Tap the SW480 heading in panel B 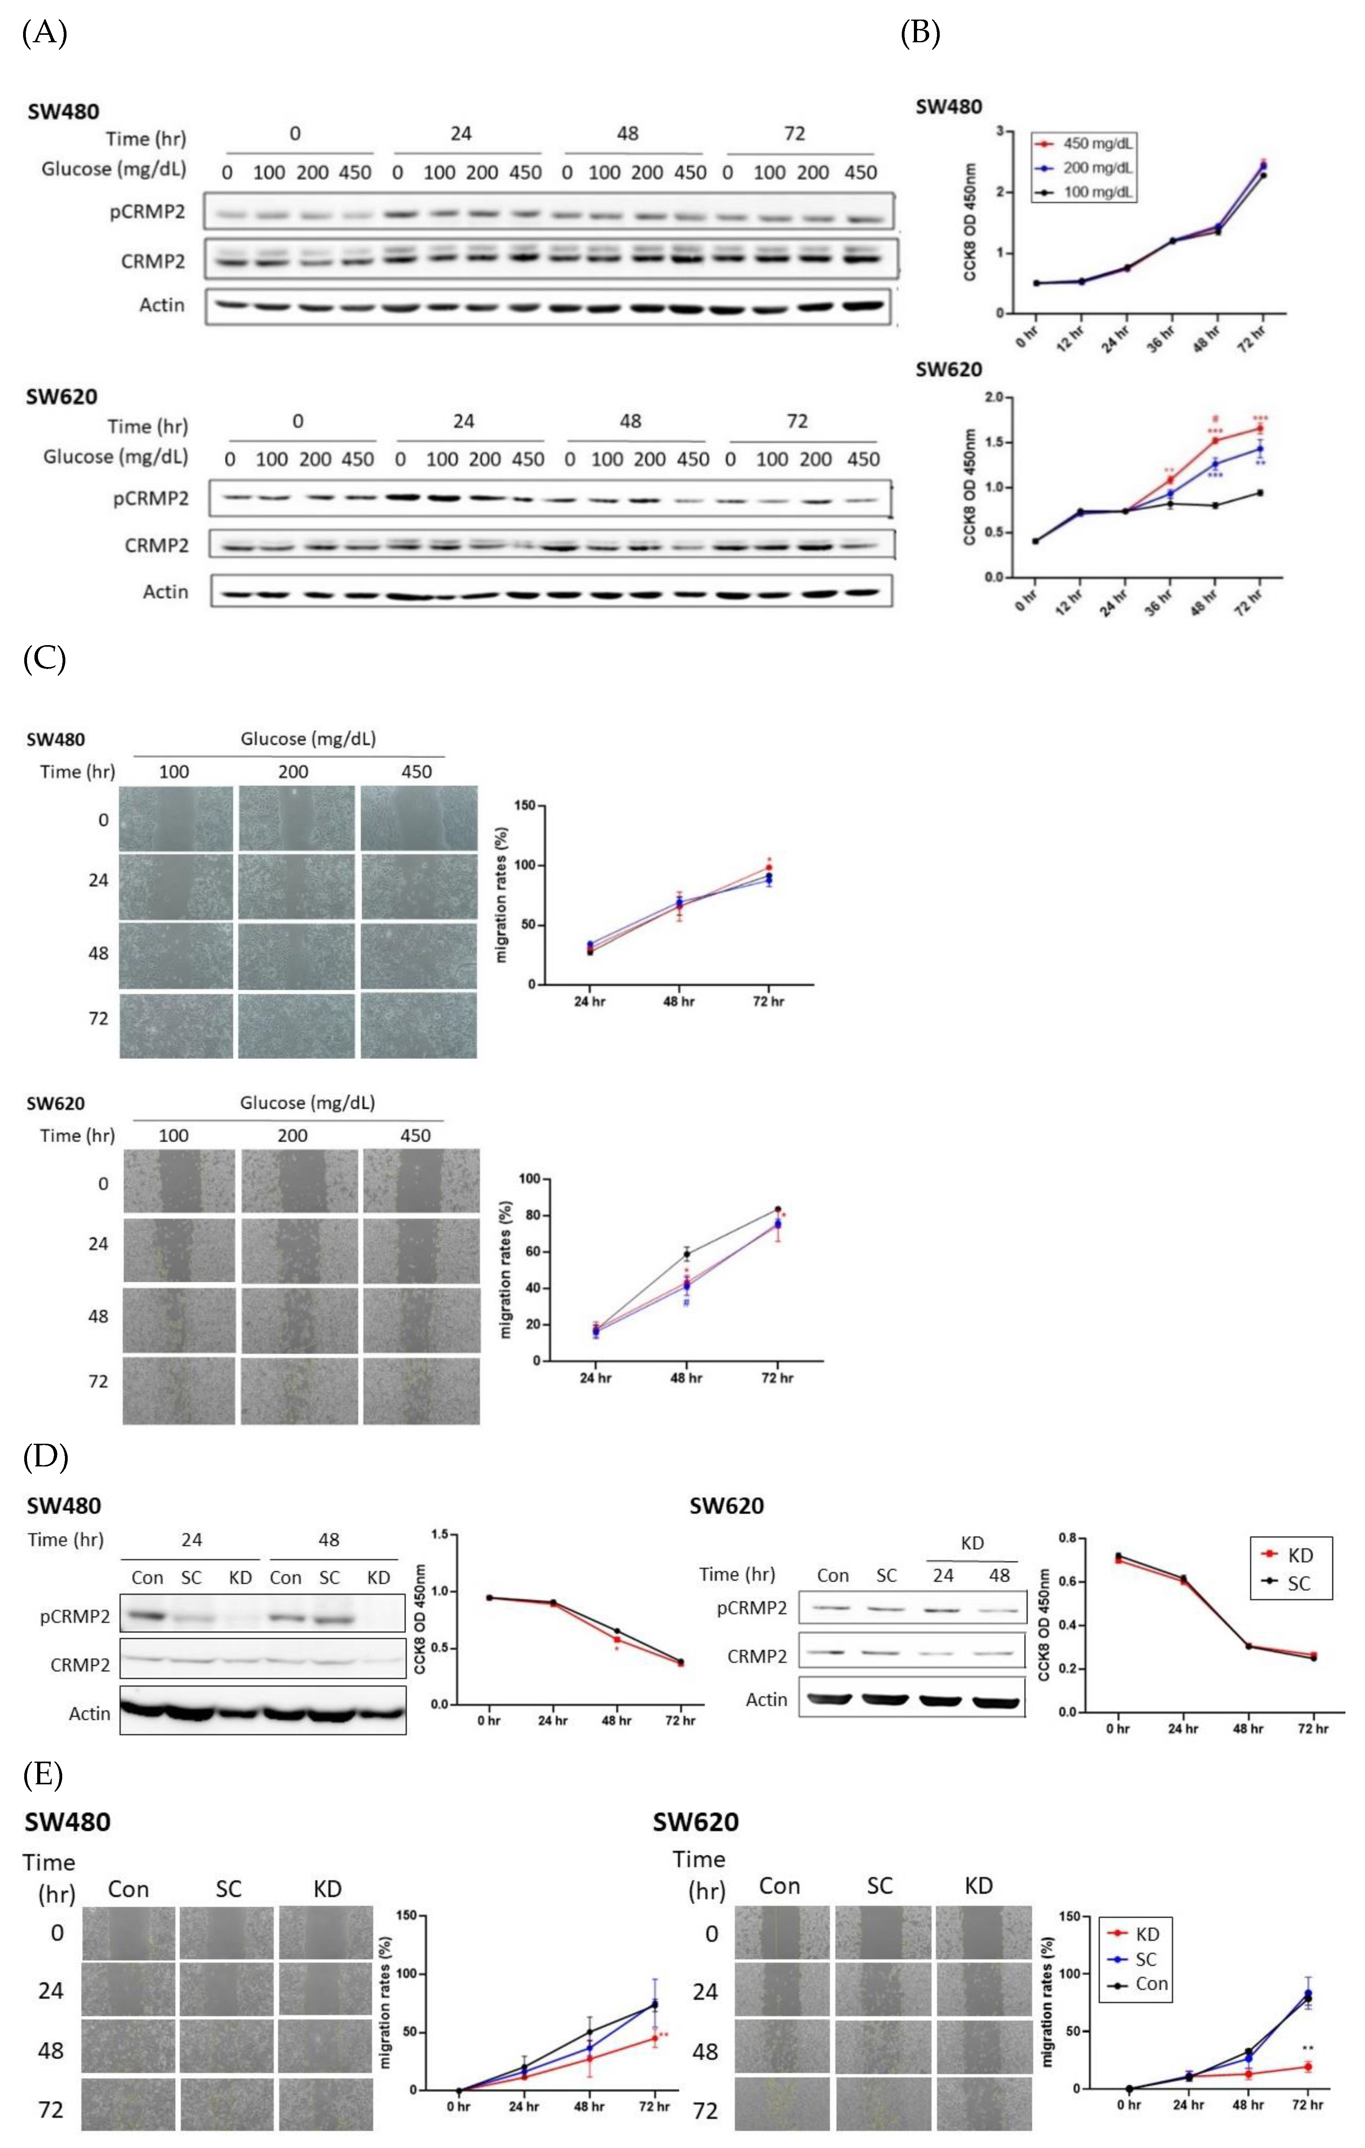tap(949, 106)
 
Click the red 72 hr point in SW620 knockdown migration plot tap(1308, 2066)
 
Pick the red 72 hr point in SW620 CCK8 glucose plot tap(1260, 428)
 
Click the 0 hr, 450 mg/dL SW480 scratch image tap(418, 818)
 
